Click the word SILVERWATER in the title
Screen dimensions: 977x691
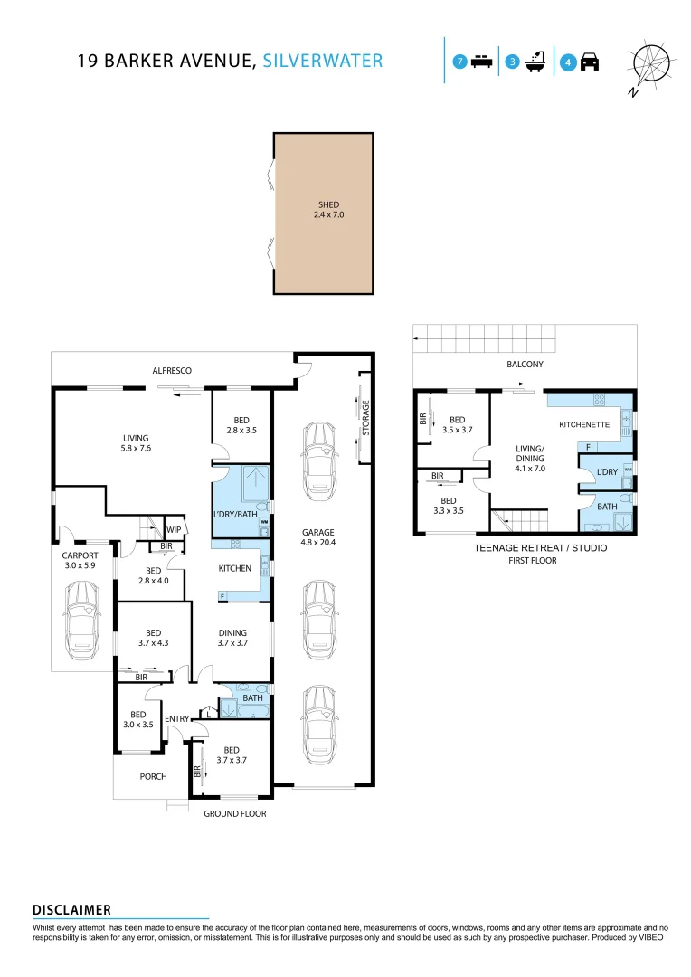(323, 62)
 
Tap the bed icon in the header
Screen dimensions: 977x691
(482, 62)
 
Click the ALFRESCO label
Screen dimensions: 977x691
(172, 370)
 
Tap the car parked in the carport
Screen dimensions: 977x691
(82, 621)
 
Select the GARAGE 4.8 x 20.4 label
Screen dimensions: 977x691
(318, 537)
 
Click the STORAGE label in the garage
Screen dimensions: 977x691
(366, 417)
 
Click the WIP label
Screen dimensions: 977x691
(174, 529)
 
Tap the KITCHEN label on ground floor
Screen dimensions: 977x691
(234, 568)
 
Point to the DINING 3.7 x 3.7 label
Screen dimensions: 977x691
(232, 638)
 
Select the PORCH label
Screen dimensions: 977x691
(153, 776)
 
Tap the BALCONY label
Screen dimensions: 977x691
(525, 365)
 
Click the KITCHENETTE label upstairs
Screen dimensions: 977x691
(584, 423)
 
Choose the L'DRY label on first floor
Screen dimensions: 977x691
(606, 472)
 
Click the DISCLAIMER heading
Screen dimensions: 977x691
(71, 909)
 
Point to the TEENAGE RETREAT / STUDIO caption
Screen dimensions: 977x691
(540, 548)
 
